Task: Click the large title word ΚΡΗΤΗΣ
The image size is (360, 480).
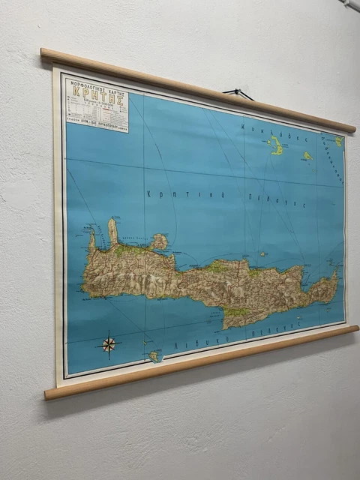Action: [96, 95]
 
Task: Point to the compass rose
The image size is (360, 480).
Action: [109, 344]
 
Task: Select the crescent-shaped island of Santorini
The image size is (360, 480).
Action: [276, 145]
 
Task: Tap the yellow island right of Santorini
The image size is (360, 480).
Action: [307, 156]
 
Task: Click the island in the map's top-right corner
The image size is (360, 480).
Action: [339, 140]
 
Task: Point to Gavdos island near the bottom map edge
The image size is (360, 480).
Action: [155, 356]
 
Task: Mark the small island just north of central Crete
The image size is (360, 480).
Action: [262, 253]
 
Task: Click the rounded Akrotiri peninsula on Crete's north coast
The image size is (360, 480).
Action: [158, 241]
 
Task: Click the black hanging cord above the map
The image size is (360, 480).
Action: [238, 94]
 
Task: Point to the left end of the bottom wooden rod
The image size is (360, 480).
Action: [49, 393]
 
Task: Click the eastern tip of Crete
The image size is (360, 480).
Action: [335, 279]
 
